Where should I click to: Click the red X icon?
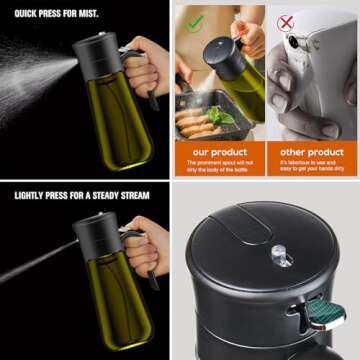pos(286,21)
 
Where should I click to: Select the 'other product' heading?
pos(311,151)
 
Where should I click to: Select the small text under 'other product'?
pos(311,166)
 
